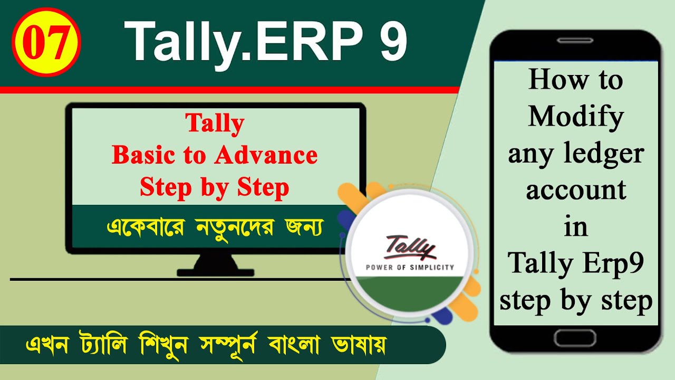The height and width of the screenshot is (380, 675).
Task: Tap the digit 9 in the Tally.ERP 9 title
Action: (x=391, y=43)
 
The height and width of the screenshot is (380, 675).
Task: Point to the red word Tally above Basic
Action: (x=215, y=124)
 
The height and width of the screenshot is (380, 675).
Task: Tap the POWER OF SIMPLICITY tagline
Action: (x=410, y=267)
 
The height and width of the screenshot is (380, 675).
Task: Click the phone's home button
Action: (x=575, y=337)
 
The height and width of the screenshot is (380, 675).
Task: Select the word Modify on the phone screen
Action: (x=576, y=117)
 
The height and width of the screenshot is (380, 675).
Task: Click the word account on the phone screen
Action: (x=576, y=190)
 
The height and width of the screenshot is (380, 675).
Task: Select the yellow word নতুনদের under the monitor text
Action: (x=233, y=227)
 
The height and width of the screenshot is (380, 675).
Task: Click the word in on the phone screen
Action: (x=575, y=227)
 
